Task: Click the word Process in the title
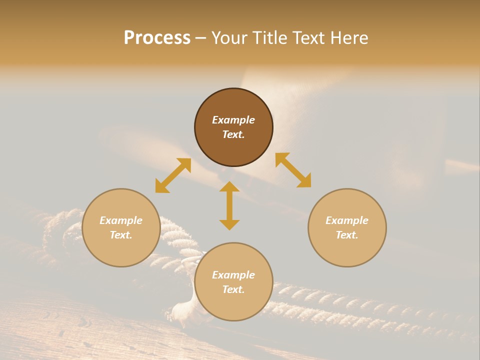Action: pos(157,38)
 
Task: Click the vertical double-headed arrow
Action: pos(229,205)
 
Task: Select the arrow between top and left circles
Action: pos(173,175)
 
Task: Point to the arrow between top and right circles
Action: pos(293,170)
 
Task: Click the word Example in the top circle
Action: pos(233,120)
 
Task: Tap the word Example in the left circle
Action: pos(121,220)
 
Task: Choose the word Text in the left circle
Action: pos(121,235)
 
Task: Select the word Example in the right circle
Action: pos(347,220)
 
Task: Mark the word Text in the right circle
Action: pos(347,235)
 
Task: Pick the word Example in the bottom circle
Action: pos(233,275)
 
